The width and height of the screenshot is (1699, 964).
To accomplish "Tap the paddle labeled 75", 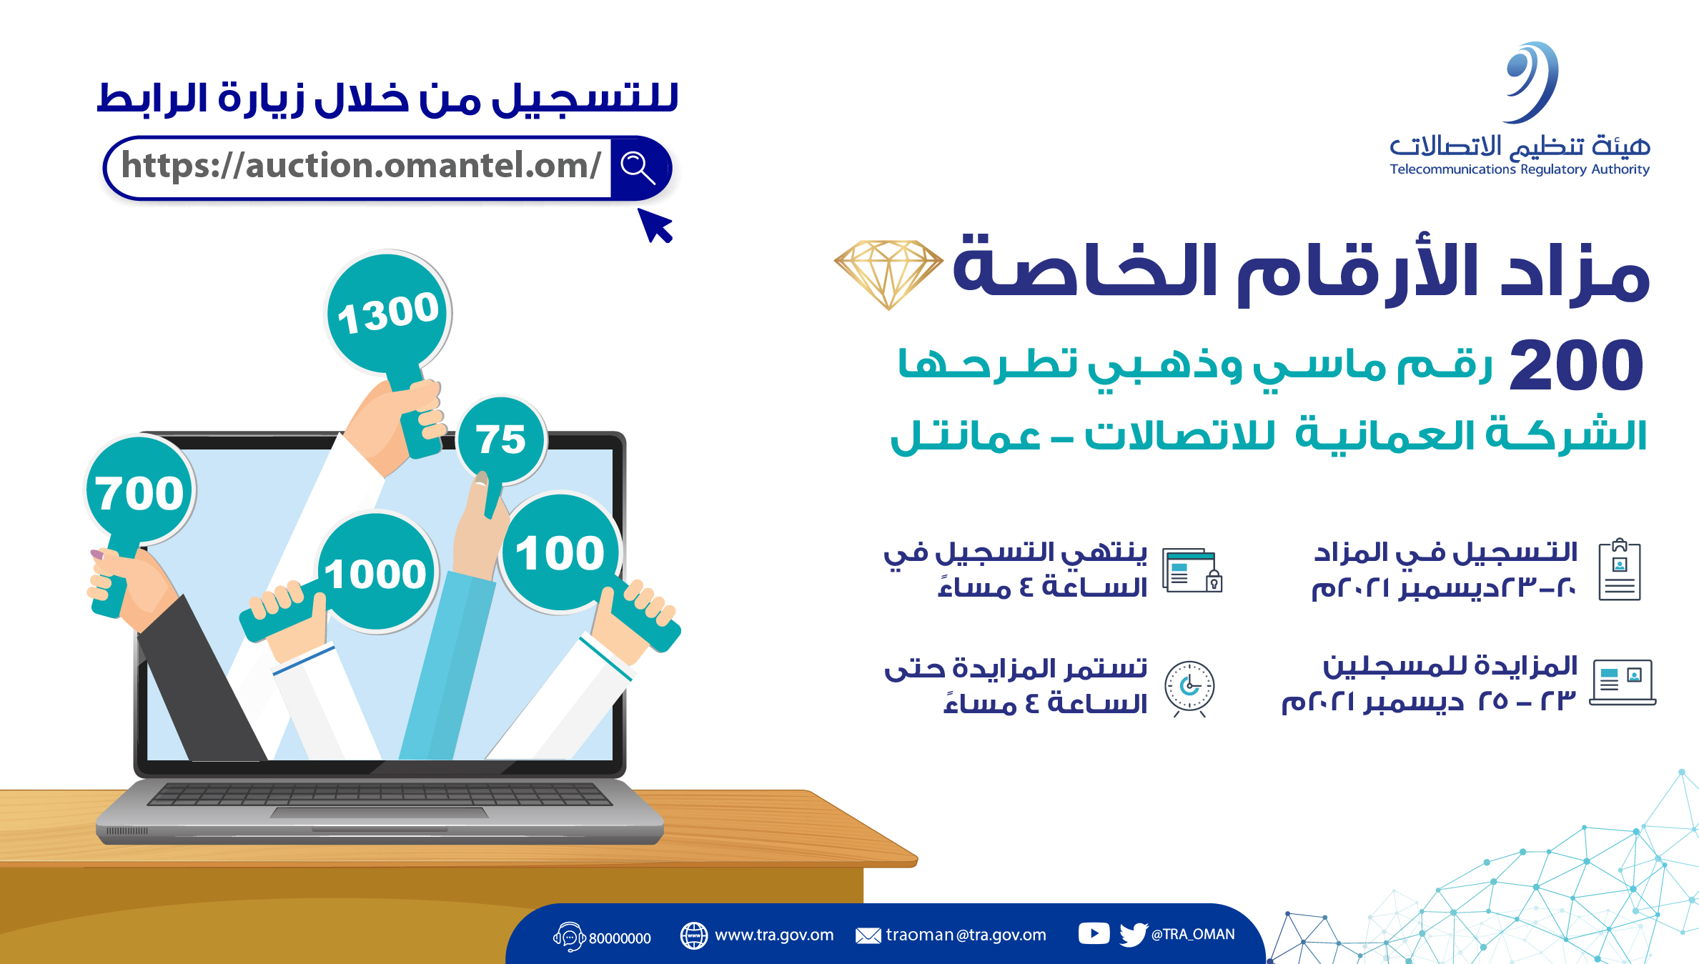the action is (x=501, y=439).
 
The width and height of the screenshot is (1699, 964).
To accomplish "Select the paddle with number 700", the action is (x=139, y=492).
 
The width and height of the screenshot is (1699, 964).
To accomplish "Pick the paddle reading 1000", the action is (x=377, y=572).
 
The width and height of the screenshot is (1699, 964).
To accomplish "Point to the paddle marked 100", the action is (x=561, y=552).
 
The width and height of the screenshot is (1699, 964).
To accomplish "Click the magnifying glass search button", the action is (x=638, y=168).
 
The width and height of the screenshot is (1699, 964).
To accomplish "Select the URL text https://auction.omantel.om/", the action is (x=362, y=166).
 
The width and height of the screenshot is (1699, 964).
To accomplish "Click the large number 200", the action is (x=1576, y=365).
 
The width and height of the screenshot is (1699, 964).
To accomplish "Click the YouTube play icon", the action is (x=1094, y=933).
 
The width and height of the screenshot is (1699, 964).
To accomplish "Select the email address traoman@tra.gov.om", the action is (x=966, y=935).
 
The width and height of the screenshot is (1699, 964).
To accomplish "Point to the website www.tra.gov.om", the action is (x=774, y=935).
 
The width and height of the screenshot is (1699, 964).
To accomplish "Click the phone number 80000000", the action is (x=620, y=938).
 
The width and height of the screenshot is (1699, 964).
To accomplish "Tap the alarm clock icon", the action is (x=1189, y=687).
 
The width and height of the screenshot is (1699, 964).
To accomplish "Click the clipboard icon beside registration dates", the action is (x=1620, y=570).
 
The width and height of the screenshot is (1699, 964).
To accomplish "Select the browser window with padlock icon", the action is (x=1192, y=570).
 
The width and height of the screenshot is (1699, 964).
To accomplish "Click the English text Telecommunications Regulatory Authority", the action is (x=1520, y=169).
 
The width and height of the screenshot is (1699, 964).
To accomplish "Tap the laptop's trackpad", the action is (x=380, y=813).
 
